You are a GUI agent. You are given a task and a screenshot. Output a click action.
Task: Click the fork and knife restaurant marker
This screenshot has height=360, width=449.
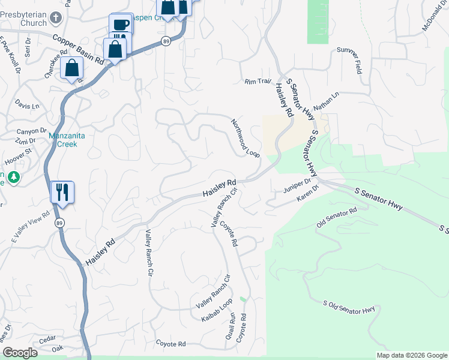[x=62, y=193]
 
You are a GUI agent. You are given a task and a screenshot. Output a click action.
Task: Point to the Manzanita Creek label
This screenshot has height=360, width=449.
[x=67, y=140]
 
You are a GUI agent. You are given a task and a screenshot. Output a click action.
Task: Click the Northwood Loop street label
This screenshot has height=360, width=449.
[x=246, y=138]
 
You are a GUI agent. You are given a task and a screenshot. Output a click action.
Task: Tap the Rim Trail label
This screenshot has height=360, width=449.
[x=258, y=82]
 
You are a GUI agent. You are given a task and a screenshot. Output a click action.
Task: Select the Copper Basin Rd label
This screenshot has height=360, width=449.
[x=79, y=49]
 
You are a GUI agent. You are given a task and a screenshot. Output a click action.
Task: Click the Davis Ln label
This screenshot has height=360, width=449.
[x=27, y=106]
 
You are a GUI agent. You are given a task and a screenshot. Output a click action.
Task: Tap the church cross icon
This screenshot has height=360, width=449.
[x=54, y=18]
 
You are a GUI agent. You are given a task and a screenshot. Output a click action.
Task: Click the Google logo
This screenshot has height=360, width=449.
[x=20, y=353]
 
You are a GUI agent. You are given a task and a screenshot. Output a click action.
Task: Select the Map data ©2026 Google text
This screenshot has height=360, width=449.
[x=411, y=355]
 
